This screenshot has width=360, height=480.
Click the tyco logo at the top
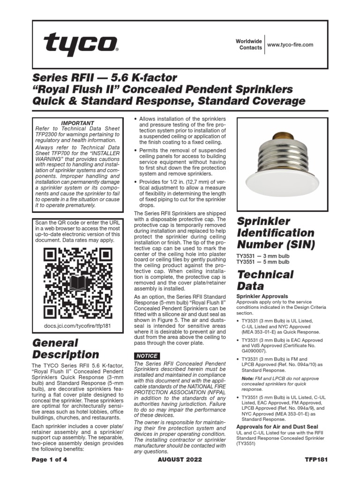(x=80, y=44)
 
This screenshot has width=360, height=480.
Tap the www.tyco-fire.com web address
(x=290, y=45)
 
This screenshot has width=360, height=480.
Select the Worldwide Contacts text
(x=248, y=45)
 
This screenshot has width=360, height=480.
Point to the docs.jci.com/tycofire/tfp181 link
(x=75, y=325)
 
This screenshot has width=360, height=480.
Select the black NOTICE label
(x=147, y=356)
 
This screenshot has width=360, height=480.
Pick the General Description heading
(x=65, y=349)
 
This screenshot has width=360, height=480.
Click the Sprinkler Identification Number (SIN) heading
(x=276, y=232)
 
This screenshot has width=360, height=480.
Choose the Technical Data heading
(x=265, y=280)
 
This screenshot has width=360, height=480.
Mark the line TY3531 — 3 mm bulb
(x=262, y=256)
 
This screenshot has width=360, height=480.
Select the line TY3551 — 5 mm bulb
(x=262, y=262)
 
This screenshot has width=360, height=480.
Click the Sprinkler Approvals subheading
(x=262, y=296)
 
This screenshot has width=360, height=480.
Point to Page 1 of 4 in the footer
(x=50, y=459)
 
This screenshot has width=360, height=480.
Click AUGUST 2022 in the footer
(x=180, y=459)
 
